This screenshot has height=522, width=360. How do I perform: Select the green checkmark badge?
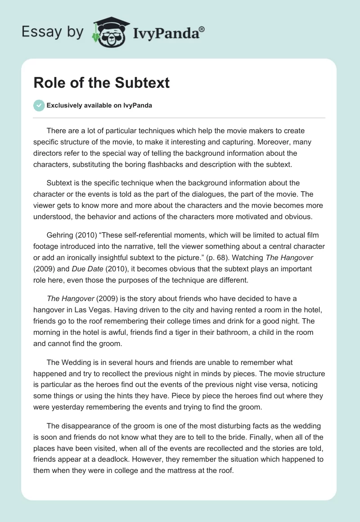[x=38, y=105]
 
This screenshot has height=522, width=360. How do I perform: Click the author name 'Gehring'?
[x=60, y=235]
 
